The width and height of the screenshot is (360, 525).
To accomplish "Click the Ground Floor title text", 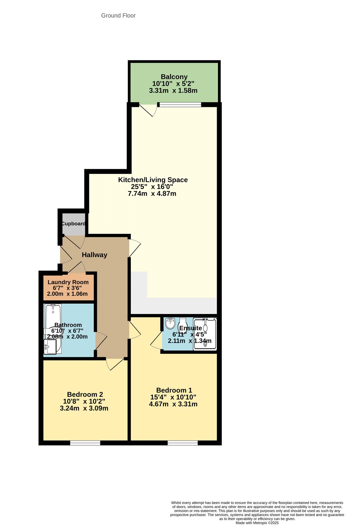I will [x=118, y=15].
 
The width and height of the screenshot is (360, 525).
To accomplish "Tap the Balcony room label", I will [x=174, y=77].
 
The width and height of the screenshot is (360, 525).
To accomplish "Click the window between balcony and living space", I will [x=180, y=105].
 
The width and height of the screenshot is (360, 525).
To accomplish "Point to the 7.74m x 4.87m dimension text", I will [x=152, y=194].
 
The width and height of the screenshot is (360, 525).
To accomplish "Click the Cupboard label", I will [x=74, y=223].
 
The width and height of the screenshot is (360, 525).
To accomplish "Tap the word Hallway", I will [x=94, y=255].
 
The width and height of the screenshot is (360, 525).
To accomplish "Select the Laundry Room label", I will [x=68, y=282].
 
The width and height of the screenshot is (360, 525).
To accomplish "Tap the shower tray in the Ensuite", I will [x=205, y=334].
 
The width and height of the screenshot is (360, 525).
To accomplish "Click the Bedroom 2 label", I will [x=85, y=394].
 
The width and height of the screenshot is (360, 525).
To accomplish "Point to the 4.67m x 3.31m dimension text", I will [x=173, y=404].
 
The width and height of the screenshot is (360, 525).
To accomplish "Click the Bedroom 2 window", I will [x=85, y=443].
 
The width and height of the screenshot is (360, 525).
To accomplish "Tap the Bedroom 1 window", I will [x=183, y=443].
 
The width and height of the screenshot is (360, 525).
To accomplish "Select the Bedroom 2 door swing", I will [x=115, y=364].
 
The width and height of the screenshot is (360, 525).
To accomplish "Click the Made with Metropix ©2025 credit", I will [x=257, y=523].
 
